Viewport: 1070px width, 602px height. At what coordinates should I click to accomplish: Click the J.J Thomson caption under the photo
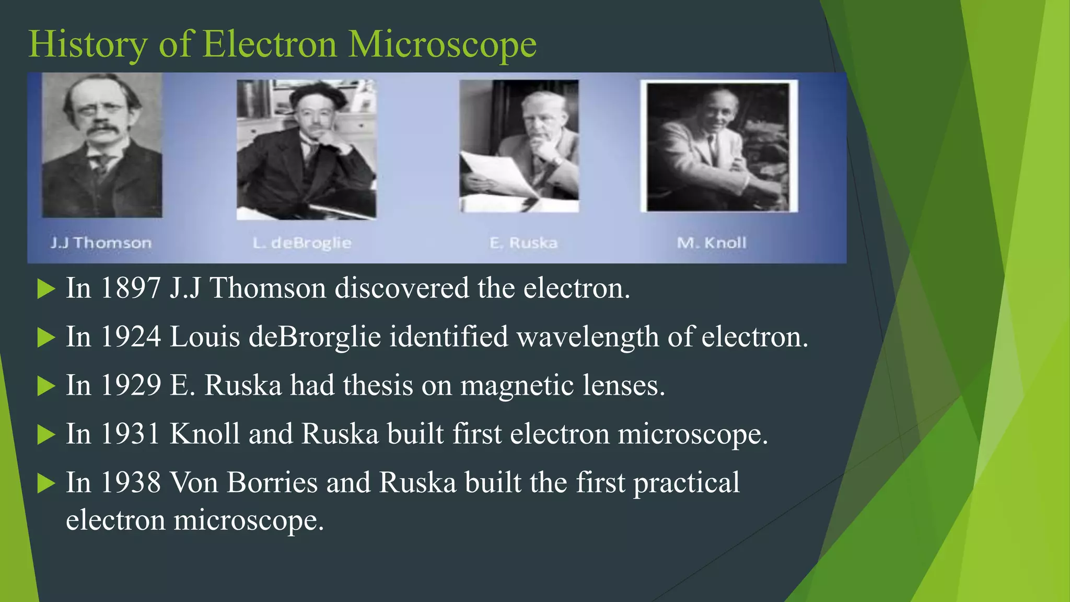pyautogui.click(x=101, y=243)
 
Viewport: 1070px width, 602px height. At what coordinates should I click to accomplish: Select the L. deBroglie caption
pyautogui.click(x=302, y=243)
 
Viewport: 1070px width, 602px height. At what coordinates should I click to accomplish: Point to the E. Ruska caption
pyautogui.click(x=524, y=243)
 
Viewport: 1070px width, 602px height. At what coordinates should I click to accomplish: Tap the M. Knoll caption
pyautogui.click(x=712, y=243)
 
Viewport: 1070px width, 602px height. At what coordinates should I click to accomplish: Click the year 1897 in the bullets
pyautogui.click(x=130, y=288)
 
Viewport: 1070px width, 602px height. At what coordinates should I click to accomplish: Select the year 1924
pyautogui.click(x=130, y=337)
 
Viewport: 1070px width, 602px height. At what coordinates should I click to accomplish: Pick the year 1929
pyautogui.click(x=130, y=386)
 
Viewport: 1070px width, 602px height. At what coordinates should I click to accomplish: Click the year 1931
pyautogui.click(x=130, y=434)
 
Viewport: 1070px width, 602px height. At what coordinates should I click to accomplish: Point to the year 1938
pyautogui.click(x=130, y=483)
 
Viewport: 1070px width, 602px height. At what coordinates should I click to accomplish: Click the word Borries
pyautogui.click(x=272, y=483)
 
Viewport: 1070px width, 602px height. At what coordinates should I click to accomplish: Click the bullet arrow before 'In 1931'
pyautogui.click(x=46, y=435)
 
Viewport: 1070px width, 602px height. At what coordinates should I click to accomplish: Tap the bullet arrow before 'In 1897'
pyautogui.click(x=46, y=289)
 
